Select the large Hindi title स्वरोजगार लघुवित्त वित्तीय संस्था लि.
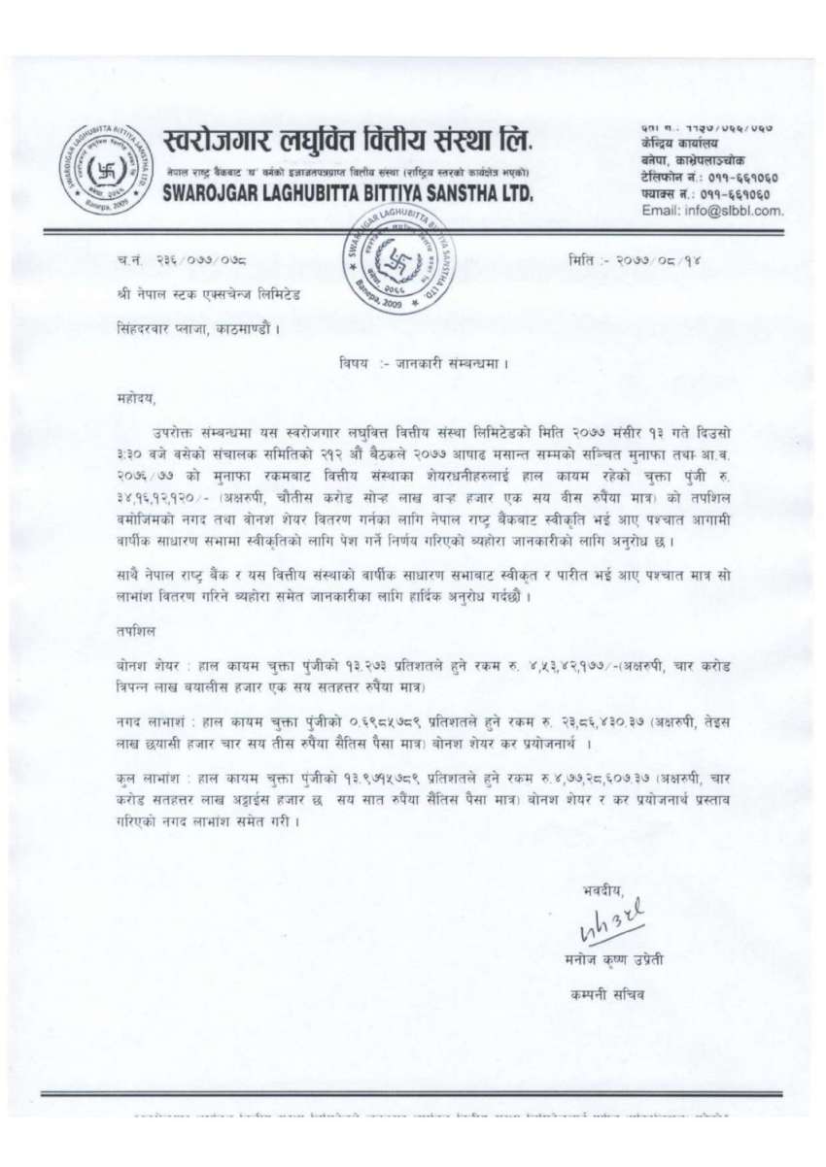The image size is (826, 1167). (349, 142)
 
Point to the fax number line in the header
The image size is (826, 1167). (699, 193)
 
